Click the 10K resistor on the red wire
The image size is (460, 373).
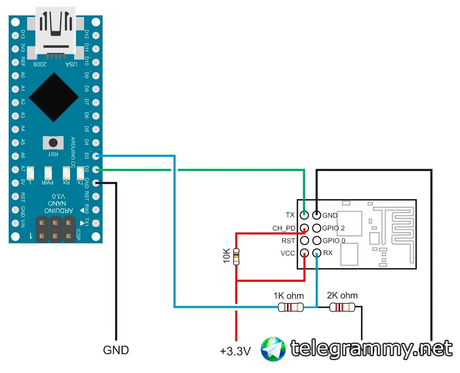coord(237,257)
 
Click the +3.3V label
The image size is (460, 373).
coord(235,351)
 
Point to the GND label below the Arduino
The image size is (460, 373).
coord(116,350)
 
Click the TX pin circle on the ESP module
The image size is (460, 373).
coord(304,215)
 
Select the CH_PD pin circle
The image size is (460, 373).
coord(304,228)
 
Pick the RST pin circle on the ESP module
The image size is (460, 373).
coord(304,240)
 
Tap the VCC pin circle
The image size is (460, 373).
coord(304,253)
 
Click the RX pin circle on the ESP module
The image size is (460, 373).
coord(317,253)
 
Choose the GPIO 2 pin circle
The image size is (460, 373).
coord(317,228)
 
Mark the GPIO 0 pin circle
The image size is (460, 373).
coord(317,240)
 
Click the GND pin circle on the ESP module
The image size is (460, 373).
coord(317,215)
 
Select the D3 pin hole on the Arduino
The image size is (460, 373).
coord(95,156)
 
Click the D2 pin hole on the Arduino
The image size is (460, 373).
coord(95,169)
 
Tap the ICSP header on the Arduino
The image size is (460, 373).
coord(55,229)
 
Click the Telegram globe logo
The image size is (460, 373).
coord(273,349)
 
